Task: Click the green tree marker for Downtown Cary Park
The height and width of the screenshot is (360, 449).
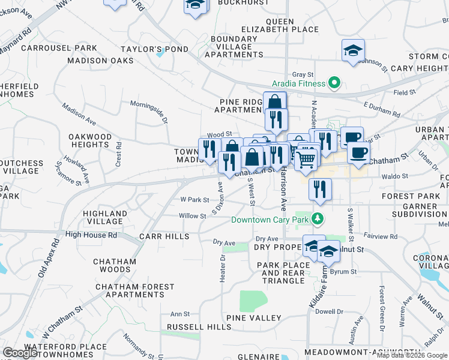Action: tap(318, 218)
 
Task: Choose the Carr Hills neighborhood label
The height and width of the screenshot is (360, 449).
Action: tap(164, 237)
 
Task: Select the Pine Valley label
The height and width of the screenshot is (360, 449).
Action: tap(254, 317)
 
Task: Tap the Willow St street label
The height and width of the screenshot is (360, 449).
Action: tap(192, 215)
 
